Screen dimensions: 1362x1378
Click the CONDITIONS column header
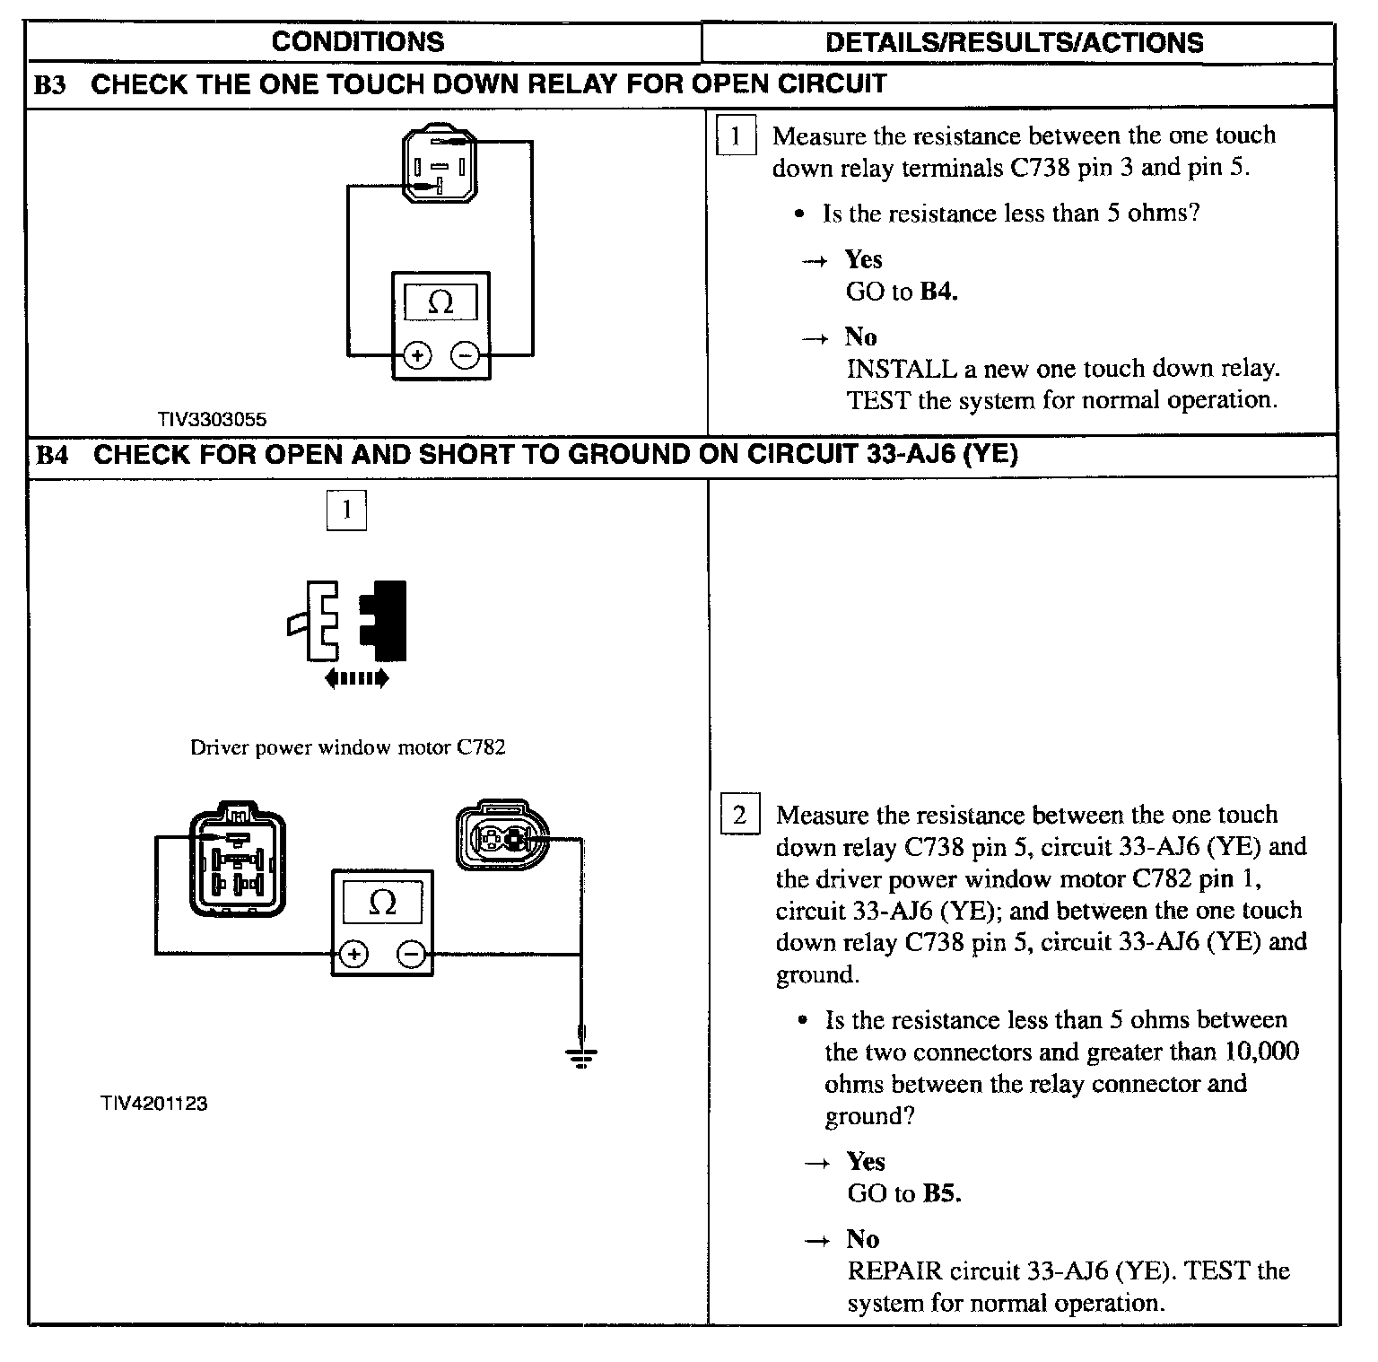click(x=357, y=41)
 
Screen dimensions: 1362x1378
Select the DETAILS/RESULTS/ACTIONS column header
click(x=1014, y=42)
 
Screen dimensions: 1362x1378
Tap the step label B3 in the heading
click(x=51, y=85)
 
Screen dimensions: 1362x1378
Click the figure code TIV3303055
click(x=212, y=419)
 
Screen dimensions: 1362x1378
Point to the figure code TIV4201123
click(x=153, y=1104)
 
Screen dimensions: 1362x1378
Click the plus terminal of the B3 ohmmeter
click(x=417, y=355)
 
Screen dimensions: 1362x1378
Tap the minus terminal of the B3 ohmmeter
click(x=465, y=355)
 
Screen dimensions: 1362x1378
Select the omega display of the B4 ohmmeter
click(x=383, y=903)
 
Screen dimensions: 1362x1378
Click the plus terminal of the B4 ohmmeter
click(x=354, y=954)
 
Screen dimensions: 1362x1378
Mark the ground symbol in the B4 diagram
click(x=582, y=1056)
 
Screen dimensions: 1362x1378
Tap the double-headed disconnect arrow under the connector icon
click(x=356, y=678)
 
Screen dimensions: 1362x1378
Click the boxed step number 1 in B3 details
click(x=736, y=136)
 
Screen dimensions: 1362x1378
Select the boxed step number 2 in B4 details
click(x=739, y=815)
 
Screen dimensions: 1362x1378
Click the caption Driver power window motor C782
click(x=347, y=747)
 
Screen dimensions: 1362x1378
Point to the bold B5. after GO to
click(x=942, y=1193)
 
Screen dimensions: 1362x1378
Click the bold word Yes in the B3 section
click(x=864, y=259)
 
